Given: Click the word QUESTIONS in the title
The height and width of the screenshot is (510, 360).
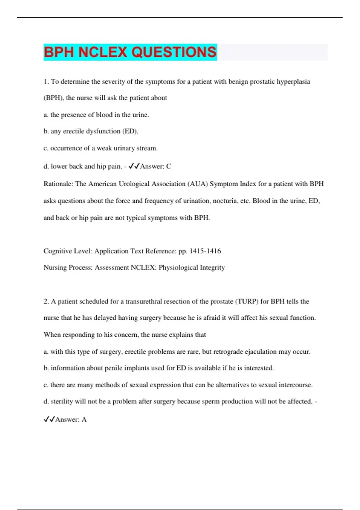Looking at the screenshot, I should pos(174,52).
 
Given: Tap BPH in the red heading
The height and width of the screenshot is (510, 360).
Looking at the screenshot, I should pos(59,52).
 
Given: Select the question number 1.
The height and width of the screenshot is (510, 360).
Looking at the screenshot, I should pos(46,82).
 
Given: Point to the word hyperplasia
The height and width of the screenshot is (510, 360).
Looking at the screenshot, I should pos(293,82).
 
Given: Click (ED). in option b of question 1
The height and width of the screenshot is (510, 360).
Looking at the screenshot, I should pos(130,131).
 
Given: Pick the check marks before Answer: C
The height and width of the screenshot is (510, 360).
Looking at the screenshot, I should pos(134,166).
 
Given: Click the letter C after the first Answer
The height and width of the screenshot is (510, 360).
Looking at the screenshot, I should pos(169,166).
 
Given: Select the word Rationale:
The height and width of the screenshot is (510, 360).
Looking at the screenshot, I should pos(58,184).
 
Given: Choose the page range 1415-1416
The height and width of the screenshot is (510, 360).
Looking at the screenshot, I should pos(205,251).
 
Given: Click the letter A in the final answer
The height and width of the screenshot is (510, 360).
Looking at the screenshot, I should pos(84,419).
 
